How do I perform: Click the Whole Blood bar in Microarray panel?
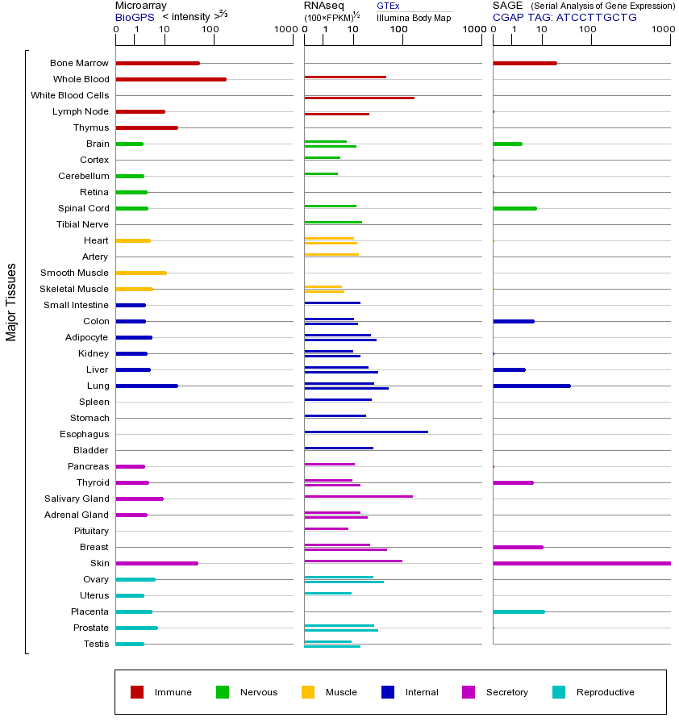[171, 79]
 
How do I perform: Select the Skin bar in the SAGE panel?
[581, 563]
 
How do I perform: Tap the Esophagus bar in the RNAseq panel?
[366, 432]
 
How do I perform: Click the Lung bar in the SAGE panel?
[531, 386]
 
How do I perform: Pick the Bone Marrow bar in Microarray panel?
[157, 63]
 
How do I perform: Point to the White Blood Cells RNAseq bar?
[359, 98]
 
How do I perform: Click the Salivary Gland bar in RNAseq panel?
[358, 496]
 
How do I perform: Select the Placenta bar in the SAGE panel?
[519, 611]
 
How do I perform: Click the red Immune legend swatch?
[137, 692]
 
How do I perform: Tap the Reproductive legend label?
[605, 692]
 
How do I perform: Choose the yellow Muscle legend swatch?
[308, 692]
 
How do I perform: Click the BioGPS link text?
[132, 17]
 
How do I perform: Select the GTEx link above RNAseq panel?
[388, 6]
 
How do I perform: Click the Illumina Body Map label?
[414, 17]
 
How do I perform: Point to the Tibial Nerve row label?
[82, 224]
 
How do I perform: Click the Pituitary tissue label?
[91, 531]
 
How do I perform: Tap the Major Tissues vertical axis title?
[11, 302]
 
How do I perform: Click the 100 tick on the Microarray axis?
[210, 30]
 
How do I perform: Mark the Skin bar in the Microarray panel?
[156, 563]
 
